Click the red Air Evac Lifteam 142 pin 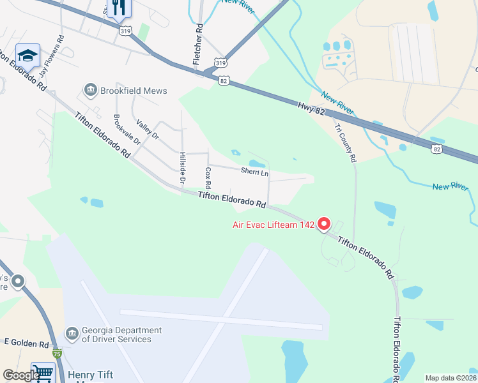click(323, 223)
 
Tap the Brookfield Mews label click(134, 91)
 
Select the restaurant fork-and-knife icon click(118, 8)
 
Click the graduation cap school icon click(27, 56)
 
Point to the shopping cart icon click(43, 372)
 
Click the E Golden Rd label click(26, 344)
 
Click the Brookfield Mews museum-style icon click(90, 90)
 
